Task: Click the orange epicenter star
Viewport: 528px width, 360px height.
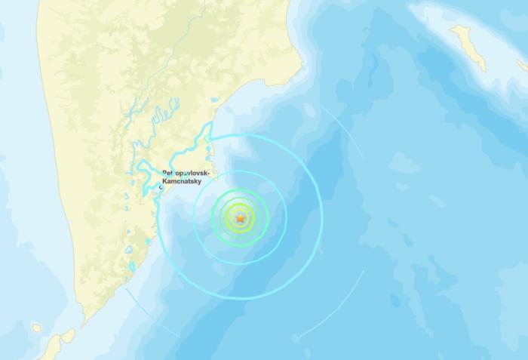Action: click(x=241, y=218)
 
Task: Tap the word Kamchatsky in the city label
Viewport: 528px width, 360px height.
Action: click(x=186, y=183)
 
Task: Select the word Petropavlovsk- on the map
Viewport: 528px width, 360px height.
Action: click(x=189, y=174)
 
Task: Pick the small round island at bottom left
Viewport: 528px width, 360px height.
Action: click(x=36, y=328)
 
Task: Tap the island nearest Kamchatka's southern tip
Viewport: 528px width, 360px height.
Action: click(x=69, y=335)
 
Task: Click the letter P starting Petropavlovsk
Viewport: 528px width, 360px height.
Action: click(x=164, y=174)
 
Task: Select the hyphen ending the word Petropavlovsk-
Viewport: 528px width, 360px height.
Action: click(x=213, y=174)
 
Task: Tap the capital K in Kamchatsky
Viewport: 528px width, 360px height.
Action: click(x=165, y=183)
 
